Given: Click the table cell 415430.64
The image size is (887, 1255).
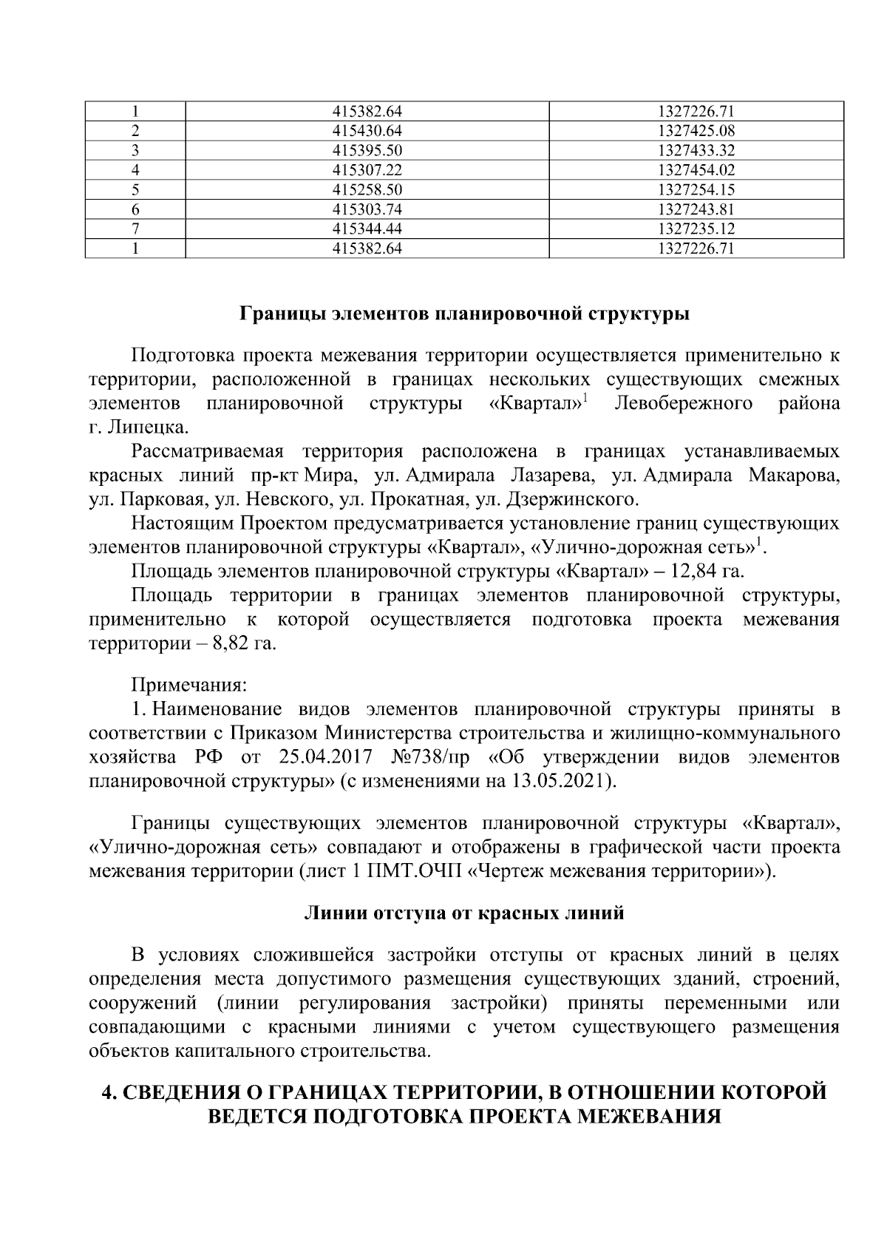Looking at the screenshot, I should point(367,132).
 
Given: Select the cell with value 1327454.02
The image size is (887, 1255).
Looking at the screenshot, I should point(696,170).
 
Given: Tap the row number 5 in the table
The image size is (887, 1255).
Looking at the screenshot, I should point(135,190).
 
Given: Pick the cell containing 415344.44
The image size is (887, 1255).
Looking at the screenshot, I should point(367,229).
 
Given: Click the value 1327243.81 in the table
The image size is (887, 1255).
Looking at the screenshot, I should point(696,210).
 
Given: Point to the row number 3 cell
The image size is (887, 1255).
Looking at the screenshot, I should point(135,151).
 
